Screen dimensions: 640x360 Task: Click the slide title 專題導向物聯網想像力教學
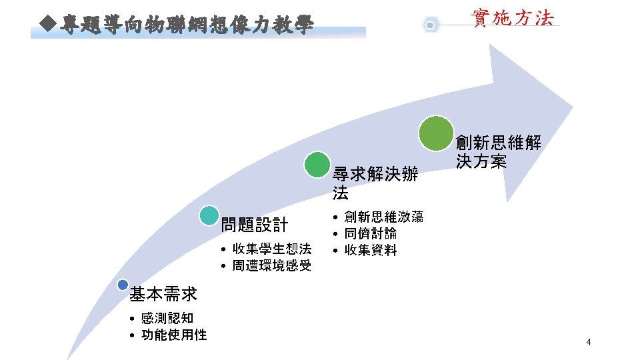pos(185,26)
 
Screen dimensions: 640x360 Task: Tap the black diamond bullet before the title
pos(46,25)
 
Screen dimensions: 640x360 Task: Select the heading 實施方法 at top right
pos(512,18)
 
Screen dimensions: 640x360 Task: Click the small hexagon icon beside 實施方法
pos(431,25)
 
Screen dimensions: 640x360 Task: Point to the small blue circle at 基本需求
pos(122,285)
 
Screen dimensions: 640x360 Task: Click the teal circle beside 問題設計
pos(209,215)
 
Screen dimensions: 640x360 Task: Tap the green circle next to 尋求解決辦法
pos(317,165)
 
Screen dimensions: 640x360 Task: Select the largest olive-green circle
pos(436,133)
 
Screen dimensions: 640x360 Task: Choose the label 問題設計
pos(254,225)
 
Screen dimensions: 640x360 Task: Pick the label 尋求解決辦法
pos(375,184)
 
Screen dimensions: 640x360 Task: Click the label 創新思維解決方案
pos(499,151)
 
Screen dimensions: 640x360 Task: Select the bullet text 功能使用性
pos(174,335)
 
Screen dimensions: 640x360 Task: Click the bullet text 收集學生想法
pos(271,249)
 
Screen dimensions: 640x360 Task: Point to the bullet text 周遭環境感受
pos(271,266)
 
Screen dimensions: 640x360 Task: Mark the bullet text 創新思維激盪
pos(383,217)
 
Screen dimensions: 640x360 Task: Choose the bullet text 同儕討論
pos(371,233)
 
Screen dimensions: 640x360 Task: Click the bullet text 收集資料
pos(371,250)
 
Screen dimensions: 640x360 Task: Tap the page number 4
pos(588,343)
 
